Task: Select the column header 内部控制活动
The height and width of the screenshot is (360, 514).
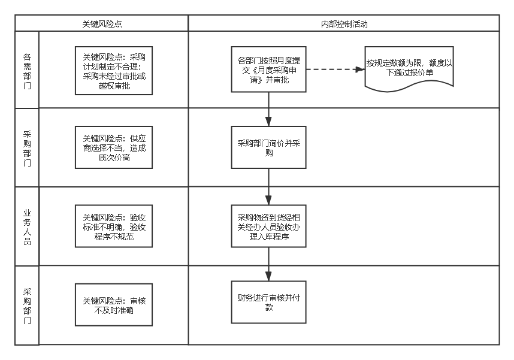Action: tap(344, 24)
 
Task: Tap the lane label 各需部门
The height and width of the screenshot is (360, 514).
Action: tap(27, 70)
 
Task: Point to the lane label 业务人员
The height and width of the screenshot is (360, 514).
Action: tap(27, 226)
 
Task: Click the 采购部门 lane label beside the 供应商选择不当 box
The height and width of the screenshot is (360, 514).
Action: tap(27, 148)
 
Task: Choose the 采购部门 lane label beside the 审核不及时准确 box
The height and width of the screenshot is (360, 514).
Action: tap(27, 305)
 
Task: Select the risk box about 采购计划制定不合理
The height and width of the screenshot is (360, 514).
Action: tap(114, 70)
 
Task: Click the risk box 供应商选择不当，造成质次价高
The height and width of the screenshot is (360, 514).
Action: tap(114, 148)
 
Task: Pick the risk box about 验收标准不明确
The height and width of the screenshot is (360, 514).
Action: tap(114, 226)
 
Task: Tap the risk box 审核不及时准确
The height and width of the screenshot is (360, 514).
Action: tap(114, 305)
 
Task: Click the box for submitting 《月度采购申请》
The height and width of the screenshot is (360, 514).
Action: tap(268, 69)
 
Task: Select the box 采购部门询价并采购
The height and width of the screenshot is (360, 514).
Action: tap(268, 147)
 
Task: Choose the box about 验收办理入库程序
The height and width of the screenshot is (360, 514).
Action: tap(268, 226)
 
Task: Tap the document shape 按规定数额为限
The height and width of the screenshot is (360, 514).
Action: tap(409, 68)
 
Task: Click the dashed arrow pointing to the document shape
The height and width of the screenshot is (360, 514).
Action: tap(335, 69)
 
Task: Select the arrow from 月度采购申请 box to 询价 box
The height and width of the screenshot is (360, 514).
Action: tap(268, 109)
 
